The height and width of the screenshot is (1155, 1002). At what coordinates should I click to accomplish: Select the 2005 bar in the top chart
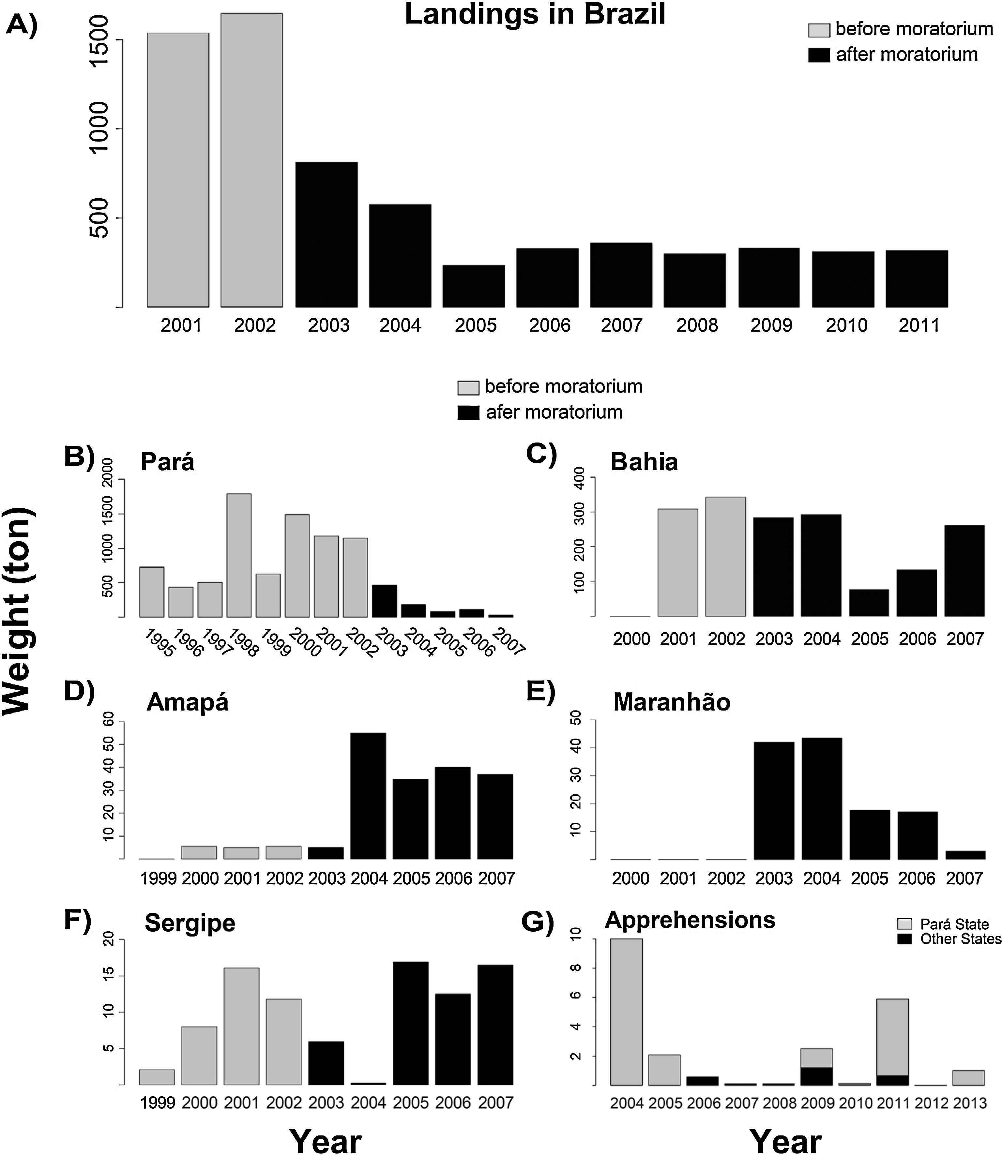point(474,286)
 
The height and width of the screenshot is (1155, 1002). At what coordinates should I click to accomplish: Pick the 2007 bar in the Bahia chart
point(964,571)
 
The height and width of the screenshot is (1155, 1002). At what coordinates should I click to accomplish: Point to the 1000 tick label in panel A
point(101,128)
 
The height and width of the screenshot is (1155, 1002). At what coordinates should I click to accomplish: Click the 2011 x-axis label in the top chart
point(919,325)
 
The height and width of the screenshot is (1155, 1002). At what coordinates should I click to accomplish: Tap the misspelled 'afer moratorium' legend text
point(554,412)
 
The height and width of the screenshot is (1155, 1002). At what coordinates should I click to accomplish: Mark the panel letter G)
point(537,922)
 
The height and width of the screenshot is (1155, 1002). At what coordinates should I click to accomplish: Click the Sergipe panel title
point(190,923)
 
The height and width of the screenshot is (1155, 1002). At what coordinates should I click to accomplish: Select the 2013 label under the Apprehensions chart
point(968,1103)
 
